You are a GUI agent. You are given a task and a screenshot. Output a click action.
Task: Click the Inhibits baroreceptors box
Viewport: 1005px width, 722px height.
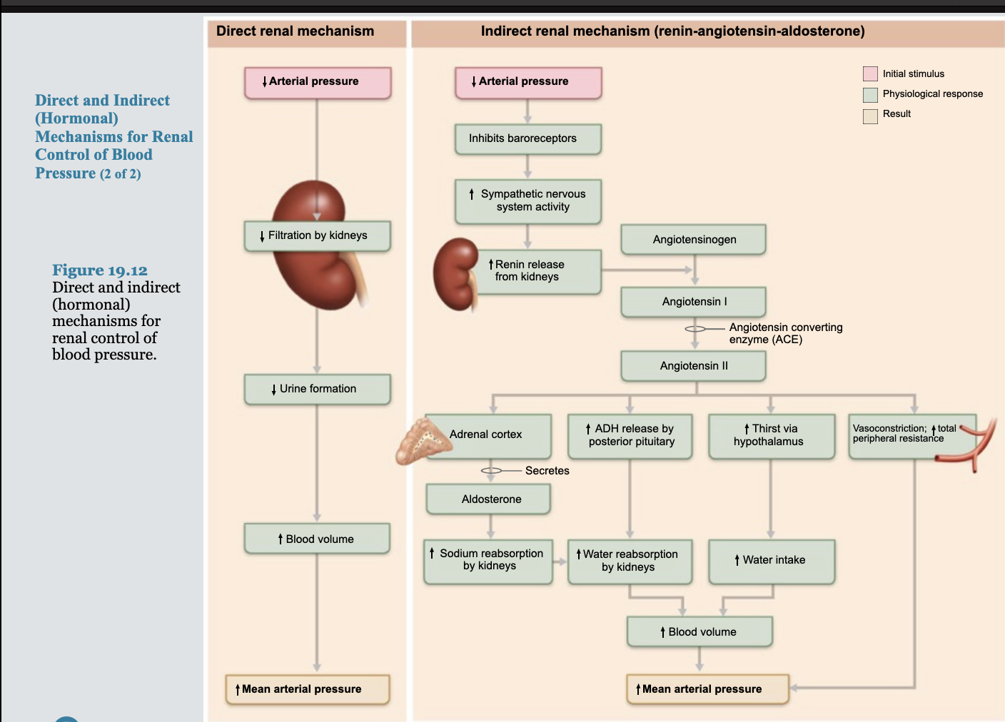[x=527, y=138]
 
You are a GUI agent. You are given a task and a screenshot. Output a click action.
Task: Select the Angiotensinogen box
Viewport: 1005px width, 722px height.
[x=693, y=240]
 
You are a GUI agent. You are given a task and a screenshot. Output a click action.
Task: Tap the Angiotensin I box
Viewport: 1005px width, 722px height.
[x=693, y=302]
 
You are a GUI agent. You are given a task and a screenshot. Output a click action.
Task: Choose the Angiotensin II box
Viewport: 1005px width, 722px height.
[x=693, y=366]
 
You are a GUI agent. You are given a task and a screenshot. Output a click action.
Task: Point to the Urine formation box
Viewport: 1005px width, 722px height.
[x=317, y=389]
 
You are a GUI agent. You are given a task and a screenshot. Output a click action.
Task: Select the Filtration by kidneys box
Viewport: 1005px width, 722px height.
[x=317, y=235]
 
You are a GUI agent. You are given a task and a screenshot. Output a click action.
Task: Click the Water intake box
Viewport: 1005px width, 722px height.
[x=772, y=561]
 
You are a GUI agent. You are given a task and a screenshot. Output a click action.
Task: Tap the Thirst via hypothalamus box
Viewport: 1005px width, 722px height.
[x=772, y=435]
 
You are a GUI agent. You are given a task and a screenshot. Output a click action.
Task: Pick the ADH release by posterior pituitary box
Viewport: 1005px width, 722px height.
[x=630, y=435]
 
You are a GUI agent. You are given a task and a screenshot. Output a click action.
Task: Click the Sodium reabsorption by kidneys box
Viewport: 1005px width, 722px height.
[x=488, y=560]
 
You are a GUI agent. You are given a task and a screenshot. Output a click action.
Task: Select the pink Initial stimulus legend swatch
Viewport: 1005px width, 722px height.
[x=870, y=73]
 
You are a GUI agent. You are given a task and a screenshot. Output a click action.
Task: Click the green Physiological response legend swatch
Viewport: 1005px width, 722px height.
[x=870, y=94]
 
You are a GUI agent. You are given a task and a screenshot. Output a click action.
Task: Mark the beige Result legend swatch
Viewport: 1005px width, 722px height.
[x=870, y=116]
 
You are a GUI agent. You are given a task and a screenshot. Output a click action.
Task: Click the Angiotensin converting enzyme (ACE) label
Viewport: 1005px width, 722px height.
[x=785, y=333]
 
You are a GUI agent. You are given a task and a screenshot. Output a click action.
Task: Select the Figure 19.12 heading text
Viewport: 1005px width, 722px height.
[x=100, y=270]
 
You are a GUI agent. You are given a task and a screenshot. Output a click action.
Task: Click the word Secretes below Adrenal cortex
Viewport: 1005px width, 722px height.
[x=547, y=471]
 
